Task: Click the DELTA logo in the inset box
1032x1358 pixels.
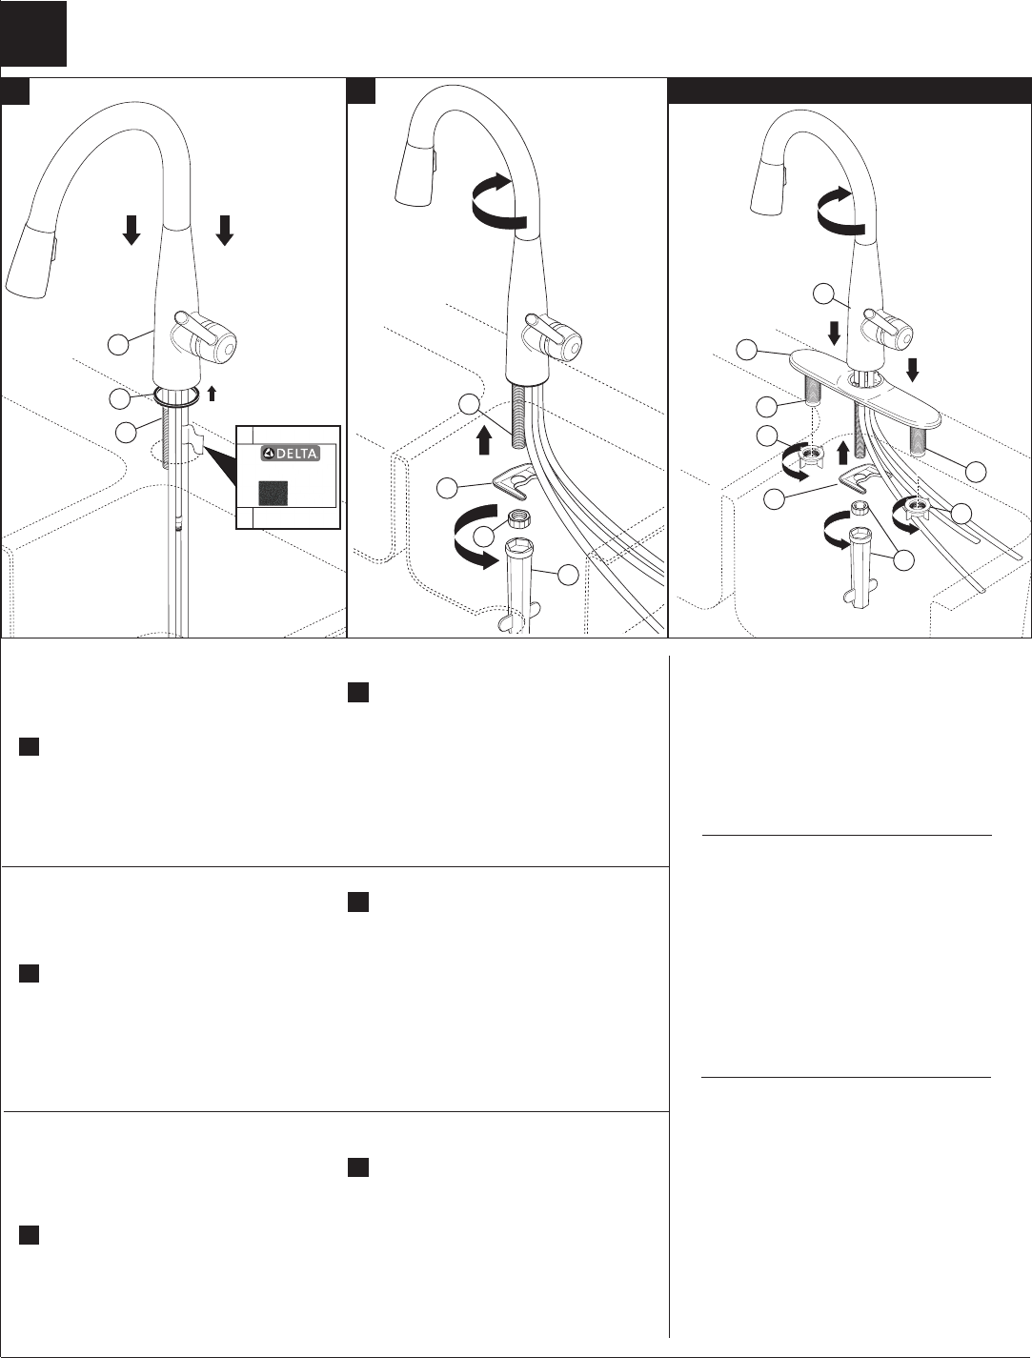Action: point(290,454)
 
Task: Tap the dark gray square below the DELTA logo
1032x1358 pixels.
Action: point(273,494)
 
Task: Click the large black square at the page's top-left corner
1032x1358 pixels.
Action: point(33,33)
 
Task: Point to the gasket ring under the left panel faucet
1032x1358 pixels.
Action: point(177,395)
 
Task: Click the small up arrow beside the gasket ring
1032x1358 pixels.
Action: point(212,393)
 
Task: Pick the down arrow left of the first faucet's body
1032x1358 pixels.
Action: point(132,231)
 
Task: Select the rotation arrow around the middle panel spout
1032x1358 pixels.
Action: point(498,202)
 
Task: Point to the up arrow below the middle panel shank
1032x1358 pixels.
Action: point(484,441)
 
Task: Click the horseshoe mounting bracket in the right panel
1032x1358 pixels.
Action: point(859,478)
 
